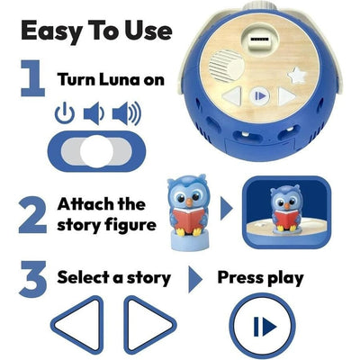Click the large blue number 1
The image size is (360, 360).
tap(33, 78)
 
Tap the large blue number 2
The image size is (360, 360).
tap(32, 214)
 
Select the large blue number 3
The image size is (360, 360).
tap(32, 279)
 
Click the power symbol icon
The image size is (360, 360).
tap(65, 112)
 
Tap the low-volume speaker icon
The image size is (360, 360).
tap(94, 113)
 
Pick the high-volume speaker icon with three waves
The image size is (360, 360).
tap(127, 113)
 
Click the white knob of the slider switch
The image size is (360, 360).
tap(96, 151)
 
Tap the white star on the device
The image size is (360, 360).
tap(295, 75)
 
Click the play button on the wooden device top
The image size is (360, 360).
tap(259, 96)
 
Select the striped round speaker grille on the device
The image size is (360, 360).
tap(226, 66)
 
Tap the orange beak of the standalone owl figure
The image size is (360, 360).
tap(189, 202)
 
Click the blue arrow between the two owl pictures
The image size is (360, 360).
tap(227, 209)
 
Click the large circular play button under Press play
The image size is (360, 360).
tap(264, 326)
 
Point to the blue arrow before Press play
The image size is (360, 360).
tap(195, 279)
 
